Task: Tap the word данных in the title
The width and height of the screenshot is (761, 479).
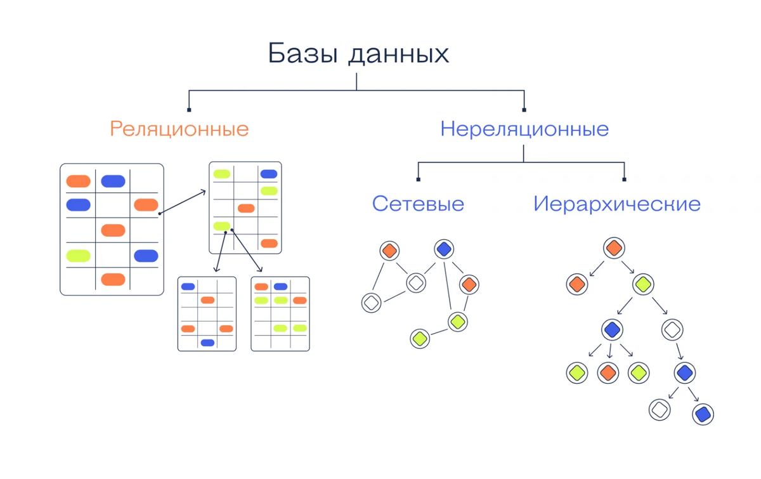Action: point(399,55)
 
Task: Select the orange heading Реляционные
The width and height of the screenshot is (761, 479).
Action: point(179,129)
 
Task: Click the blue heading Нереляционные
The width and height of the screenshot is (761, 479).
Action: point(524,129)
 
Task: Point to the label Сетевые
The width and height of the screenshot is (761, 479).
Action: point(418,204)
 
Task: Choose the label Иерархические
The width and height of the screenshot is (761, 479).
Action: point(616,204)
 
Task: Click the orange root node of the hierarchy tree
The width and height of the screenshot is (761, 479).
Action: point(613,247)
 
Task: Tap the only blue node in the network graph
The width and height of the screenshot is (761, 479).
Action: point(444,249)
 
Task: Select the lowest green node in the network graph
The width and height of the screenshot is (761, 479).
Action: point(419,338)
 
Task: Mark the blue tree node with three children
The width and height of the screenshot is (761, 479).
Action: point(611,329)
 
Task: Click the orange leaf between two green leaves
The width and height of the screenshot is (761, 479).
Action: point(608,372)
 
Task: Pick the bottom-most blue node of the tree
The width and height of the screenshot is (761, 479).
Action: point(702,414)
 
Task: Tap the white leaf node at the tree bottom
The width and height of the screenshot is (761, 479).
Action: point(660,409)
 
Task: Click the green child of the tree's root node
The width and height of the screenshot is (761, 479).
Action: point(643,284)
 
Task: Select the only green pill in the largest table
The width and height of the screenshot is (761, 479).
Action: point(79,256)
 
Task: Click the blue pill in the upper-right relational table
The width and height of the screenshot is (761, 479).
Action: point(269,174)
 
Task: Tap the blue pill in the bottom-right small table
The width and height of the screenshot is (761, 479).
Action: point(280,287)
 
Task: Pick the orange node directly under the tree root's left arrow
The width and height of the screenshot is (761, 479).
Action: point(576,284)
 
